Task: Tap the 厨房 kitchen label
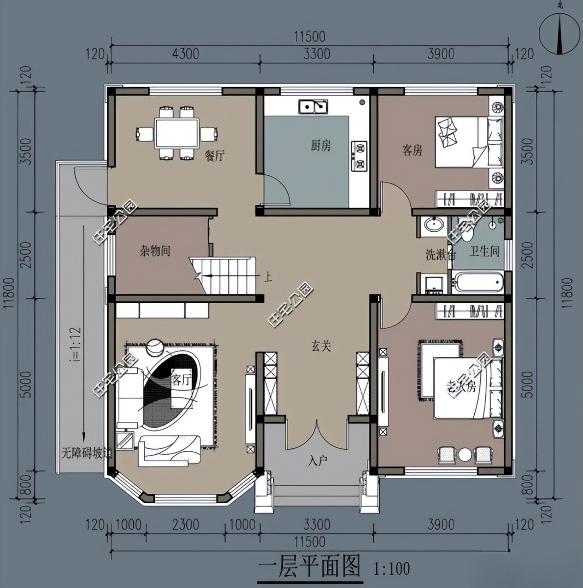click(320, 146)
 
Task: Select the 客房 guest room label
click(412, 150)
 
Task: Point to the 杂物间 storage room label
click(155, 251)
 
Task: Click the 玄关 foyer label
click(321, 346)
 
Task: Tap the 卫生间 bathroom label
click(484, 251)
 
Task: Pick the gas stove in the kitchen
click(359, 156)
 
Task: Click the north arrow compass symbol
click(559, 31)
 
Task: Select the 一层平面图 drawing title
click(309, 567)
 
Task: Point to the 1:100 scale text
click(391, 569)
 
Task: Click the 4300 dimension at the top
click(186, 53)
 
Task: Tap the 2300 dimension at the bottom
click(186, 525)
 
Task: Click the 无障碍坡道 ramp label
click(87, 453)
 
